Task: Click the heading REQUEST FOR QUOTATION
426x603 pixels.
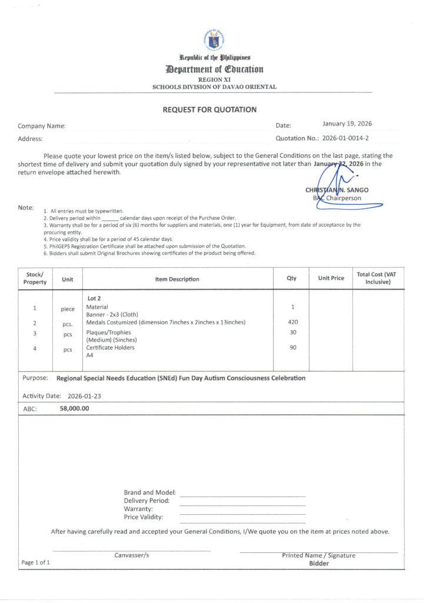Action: click(x=209, y=110)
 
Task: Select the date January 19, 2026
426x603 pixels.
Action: click(x=347, y=124)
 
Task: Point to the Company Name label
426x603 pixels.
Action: click(x=41, y=126)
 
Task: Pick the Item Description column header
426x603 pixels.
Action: click(x=177, y=279)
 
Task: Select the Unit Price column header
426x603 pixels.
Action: click(x=331, y=278)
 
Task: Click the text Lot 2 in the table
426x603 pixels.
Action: click(x=94, y=299)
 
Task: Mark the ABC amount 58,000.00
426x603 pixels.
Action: click(x=74, y=408)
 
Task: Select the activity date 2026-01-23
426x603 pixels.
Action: click(x=84, y=396)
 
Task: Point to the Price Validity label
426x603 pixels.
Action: click(x=144, y=517)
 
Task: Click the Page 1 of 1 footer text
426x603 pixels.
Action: click(x=35, y=562)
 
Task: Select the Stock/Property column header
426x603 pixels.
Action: click(x=35, y=279)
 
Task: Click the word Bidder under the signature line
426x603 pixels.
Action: click(x=319, y=563)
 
